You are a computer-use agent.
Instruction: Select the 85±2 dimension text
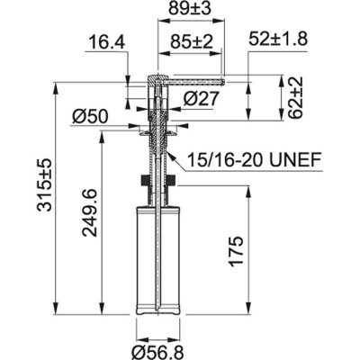tap(191, 41)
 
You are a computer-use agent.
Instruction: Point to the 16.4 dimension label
tap(106, 43)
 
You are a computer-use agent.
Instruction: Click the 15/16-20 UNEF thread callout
tap(255, 162)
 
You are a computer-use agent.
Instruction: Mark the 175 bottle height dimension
tap(262, 255)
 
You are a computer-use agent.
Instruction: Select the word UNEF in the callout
tap(296, 162)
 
